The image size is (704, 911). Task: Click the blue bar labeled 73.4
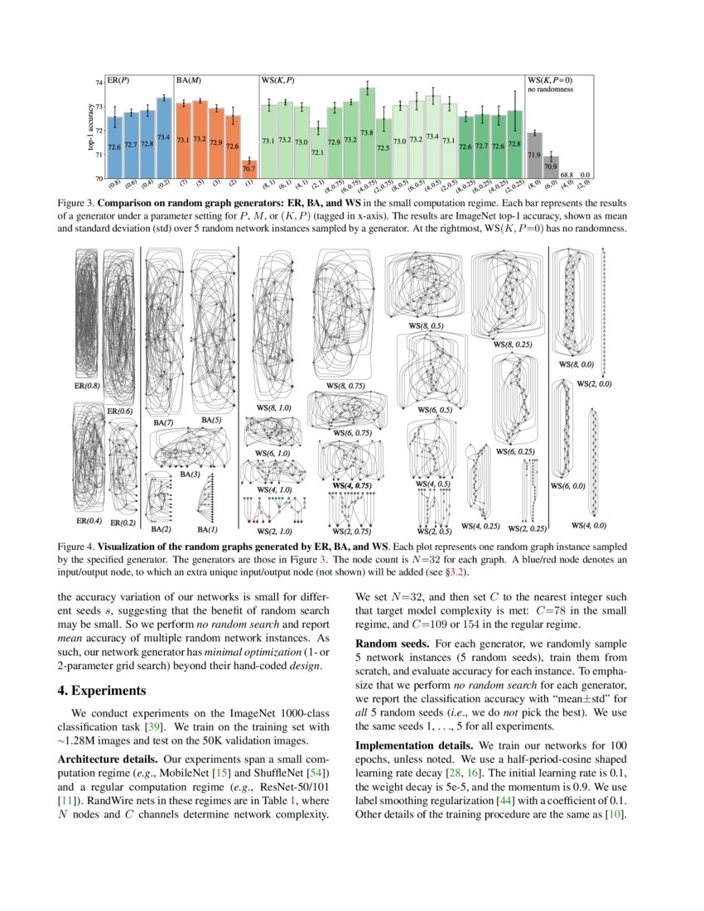(x=163, y=137)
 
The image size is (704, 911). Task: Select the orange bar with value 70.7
(x=248, y=169)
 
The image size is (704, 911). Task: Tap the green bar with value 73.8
(x=367, y=133)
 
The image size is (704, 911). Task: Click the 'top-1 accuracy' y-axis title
(x=90, y=129)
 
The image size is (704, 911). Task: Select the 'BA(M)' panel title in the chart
(x=189, y=80)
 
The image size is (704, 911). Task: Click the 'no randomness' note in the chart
(x=549, y=89)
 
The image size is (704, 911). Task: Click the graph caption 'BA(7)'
(x=162, y=423)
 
